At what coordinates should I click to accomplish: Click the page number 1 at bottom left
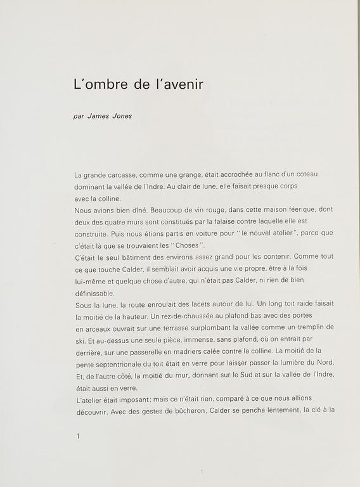[77, 436]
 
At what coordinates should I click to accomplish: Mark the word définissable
[94, 293]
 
